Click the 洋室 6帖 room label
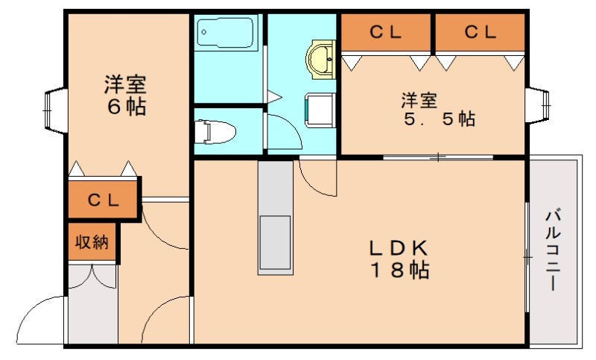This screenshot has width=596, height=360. pyautogui.click(x=124, y=95)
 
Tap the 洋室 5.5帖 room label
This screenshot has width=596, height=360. pyautogui.click(x=437, y=109)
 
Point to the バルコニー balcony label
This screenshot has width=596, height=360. pyautogui.click(x=553, y=250)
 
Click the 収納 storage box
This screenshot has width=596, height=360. pyautogui.click(x=92, y=242)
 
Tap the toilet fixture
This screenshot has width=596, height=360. pyautogui.click(x=215, y=132)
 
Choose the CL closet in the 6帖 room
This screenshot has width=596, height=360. pyautogui.click(x=104, y=200)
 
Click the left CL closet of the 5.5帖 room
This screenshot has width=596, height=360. pyautogui.click(x=386, y=32)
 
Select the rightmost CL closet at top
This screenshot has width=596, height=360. pyautogui.click(x=481, y=32)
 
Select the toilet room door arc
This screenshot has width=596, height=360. pyautogui.click(x=283, y=134)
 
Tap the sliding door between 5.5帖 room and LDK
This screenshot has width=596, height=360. pyautogui.click(x=438, y=157)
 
